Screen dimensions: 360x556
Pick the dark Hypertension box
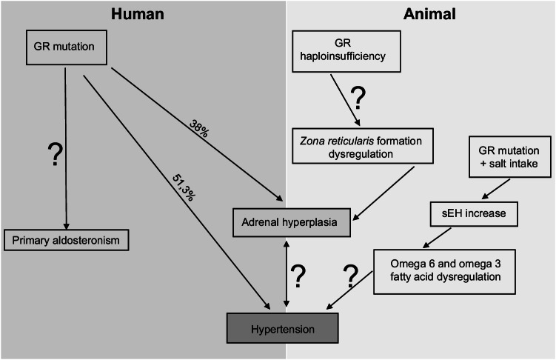pos(283,326)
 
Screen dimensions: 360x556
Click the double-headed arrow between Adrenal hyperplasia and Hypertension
pos(286,274)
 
